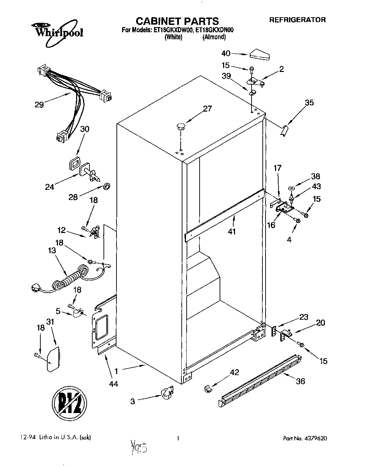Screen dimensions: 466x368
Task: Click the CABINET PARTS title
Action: point(177,21)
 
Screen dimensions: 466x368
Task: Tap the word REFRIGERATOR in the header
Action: point(297,20)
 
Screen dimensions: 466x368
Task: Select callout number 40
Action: point(226,53)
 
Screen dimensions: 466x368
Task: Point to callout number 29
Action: point(39,104)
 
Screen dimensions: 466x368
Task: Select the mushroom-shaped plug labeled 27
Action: point(181,127)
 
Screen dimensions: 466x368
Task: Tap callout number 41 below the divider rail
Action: point(232,231)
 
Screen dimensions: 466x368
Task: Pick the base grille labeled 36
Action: point(260,383)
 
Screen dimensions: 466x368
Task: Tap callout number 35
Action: point(309,102)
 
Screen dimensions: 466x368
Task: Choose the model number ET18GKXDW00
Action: point(173,30)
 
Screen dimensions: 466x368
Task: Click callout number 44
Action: point(113,384)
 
